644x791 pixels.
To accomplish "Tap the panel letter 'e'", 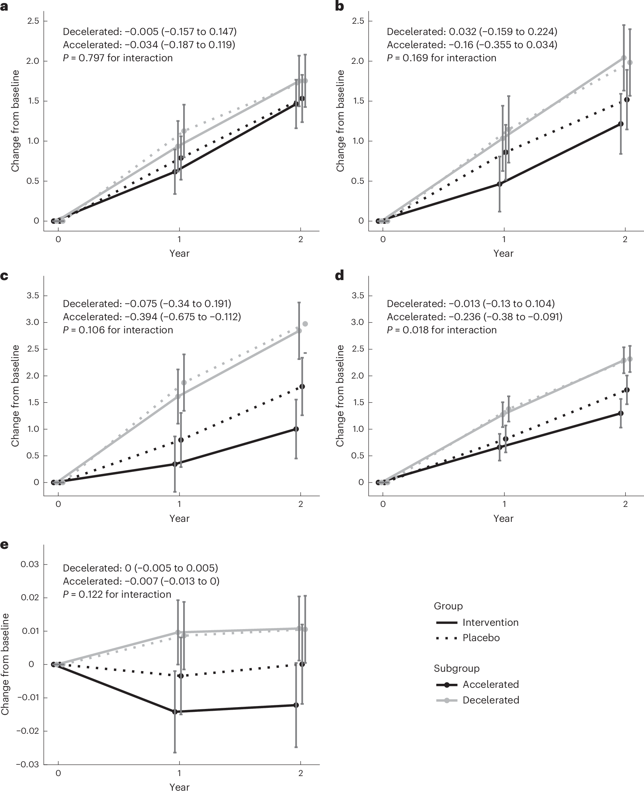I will point(4,544).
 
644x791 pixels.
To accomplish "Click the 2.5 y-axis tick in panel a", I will point(33,21).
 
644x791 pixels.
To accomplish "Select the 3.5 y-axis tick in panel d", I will point(358,295).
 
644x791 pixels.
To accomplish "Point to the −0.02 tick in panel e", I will point(27,731).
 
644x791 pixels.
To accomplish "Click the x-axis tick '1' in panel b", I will point(504,239).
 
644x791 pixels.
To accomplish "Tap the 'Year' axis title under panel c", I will point(179,519).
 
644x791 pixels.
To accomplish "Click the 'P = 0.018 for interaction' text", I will point(441,330).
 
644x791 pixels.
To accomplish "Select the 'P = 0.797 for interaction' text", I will point(117,58).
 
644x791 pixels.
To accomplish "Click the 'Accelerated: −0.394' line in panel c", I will point(152,317).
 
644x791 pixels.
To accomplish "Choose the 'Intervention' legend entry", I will point(490,622).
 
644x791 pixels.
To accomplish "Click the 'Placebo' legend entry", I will point(481,638).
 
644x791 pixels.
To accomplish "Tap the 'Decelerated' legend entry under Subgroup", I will point(490,700).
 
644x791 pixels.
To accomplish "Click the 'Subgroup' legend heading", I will point(456,668).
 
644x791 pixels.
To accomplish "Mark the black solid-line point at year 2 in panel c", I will point(296,429).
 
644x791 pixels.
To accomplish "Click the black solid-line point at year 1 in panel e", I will point(175,711).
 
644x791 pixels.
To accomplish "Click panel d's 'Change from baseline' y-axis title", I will point(340,396).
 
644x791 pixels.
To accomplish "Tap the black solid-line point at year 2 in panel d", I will point(621,413).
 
